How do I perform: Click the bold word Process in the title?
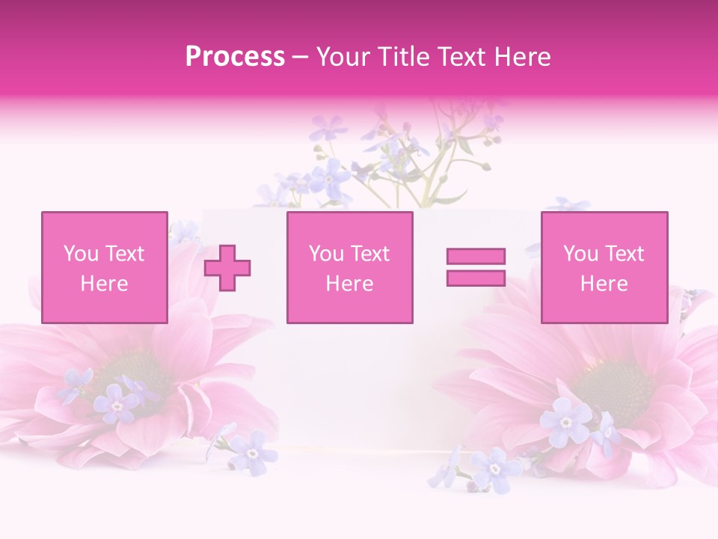[235, 57]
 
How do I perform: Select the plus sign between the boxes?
[227, 267]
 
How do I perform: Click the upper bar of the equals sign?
[476, 256]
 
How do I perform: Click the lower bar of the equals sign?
[476, 278]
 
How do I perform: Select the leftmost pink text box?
[104, 267]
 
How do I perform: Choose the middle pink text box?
[349, 267]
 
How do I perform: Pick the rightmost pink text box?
[604, 267]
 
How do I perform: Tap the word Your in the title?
[341, 57]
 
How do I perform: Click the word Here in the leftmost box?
[104, 284]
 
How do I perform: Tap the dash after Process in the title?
[300, 57]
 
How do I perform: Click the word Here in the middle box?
[349, 284]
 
